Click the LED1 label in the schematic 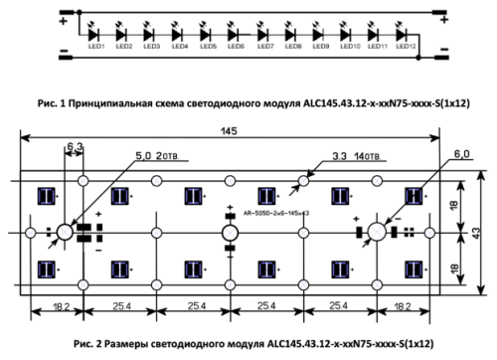95,46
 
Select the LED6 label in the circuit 236,46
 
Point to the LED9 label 320,46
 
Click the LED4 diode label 180,46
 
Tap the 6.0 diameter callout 431,155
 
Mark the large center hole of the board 230,232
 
